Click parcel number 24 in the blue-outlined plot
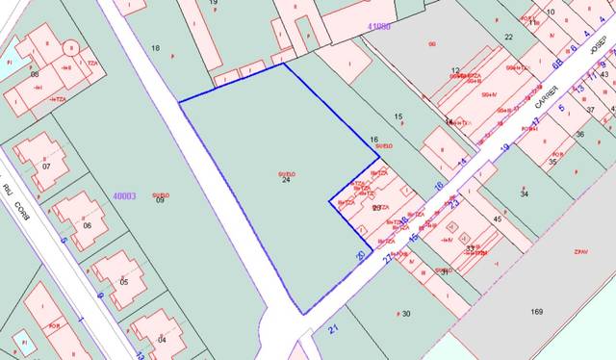point(286,180)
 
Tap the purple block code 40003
point(125,196)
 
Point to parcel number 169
point(536,312)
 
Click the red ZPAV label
point(580,251)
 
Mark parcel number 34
point(525,194)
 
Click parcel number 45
point(498,219)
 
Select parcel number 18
point(156,47)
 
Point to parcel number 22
point(508,37)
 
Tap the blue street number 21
point(334,330)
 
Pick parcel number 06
point(88,225)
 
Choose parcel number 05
point(123,282)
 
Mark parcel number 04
point(162,340)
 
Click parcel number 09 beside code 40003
point(161,200)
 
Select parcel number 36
point(580,135)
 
